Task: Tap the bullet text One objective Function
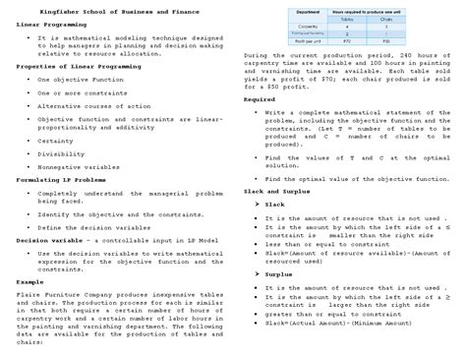coord(76,79)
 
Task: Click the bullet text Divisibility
coord(61,154)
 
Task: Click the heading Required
coord(259,99)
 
